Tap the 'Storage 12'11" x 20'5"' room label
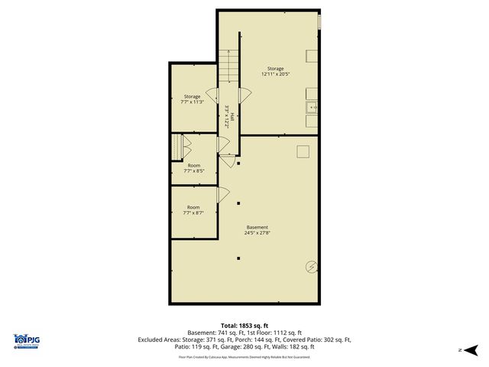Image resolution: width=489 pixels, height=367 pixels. [x=275, y=72]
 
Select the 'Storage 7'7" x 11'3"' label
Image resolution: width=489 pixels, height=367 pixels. [x=192, y=99]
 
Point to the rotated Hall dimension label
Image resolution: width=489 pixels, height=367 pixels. [x=230, y=115]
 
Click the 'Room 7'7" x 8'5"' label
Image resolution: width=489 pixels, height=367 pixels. [x=193, y=169]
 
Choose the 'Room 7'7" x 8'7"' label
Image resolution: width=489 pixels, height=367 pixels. [x=193, y=209]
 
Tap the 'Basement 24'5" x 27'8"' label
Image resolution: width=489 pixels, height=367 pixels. [x=257, y=229]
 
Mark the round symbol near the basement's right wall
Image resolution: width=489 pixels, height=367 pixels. [x=312, y=266]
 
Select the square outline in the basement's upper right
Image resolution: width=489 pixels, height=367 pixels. [x=303, y=151]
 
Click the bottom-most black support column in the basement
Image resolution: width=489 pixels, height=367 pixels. [x=238, y=258]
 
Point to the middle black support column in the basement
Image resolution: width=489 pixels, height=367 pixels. [x=238, y=203]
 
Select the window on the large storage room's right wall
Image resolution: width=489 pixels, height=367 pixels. [x=319, y=23]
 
